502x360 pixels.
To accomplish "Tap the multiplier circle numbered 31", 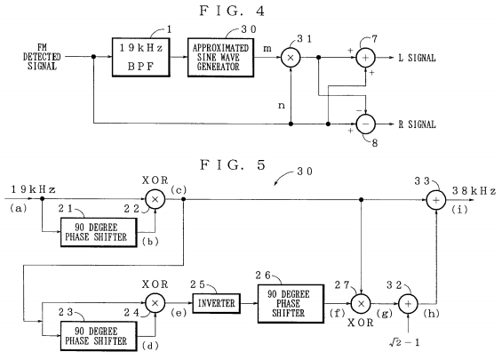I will pos(288,57).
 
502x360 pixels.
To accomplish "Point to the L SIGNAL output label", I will pos(415,57).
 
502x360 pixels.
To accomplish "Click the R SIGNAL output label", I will pos(416,124).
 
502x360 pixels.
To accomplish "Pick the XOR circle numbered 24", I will pos(157,303).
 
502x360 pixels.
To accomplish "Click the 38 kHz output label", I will pos(475,191).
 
